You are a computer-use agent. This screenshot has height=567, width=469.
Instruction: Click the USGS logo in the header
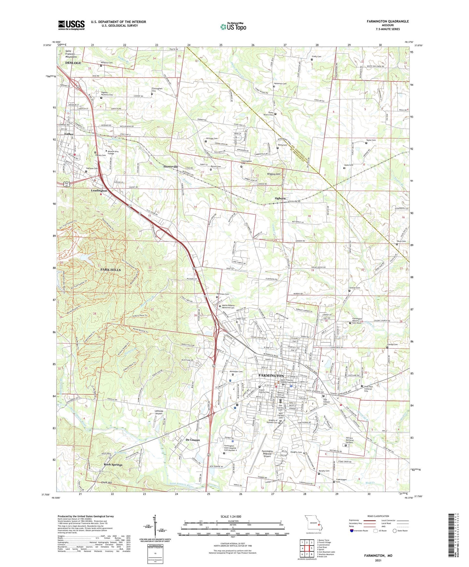[x=71, y=25]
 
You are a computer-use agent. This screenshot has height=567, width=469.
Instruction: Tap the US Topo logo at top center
[x=233, y=27]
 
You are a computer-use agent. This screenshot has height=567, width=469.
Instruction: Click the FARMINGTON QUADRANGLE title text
[x=388, y=21]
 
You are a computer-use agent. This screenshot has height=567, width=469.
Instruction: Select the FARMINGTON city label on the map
[x=271, y=375]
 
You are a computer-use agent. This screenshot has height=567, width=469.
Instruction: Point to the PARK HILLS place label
[x=110, y=270]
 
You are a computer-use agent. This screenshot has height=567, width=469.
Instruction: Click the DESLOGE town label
[x=73, y=63]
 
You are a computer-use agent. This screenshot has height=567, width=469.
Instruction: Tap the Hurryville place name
[x=171, y=166]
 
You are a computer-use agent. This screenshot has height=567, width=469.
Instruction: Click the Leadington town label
[x=99, y=191]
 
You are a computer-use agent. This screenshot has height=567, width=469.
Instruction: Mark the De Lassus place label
[x=193, y=440]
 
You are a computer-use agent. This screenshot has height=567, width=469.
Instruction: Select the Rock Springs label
[x=113, y=465]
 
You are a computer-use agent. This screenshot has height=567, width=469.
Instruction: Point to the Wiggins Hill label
[x=273, y=174]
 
